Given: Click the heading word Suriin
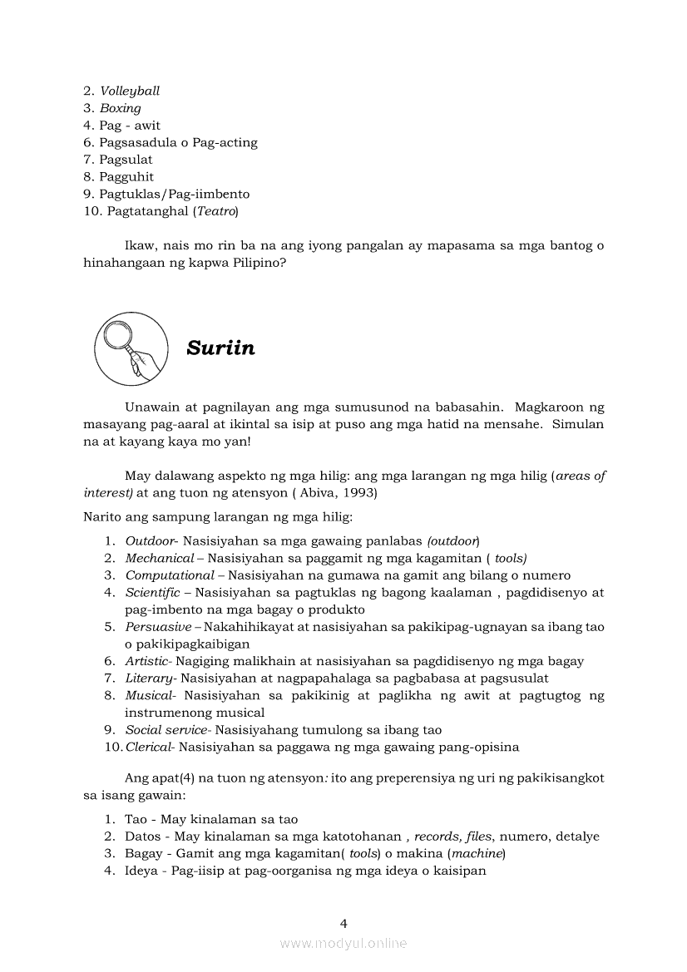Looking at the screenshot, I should click(220, 348).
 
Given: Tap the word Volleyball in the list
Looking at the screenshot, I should click(130, 91).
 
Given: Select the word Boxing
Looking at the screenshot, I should click(121, 108).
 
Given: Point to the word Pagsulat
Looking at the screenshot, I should click(126, 160).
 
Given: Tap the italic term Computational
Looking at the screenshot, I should click(170, 575).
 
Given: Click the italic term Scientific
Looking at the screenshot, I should click(152, 592).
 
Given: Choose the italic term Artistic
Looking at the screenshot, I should click(146, 661).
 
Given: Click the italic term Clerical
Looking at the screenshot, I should click(149, 747).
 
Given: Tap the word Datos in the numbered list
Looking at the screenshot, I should click(142, 836).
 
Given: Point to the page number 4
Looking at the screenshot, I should click(343, 923).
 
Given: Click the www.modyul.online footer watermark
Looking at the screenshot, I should click(343, 943).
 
